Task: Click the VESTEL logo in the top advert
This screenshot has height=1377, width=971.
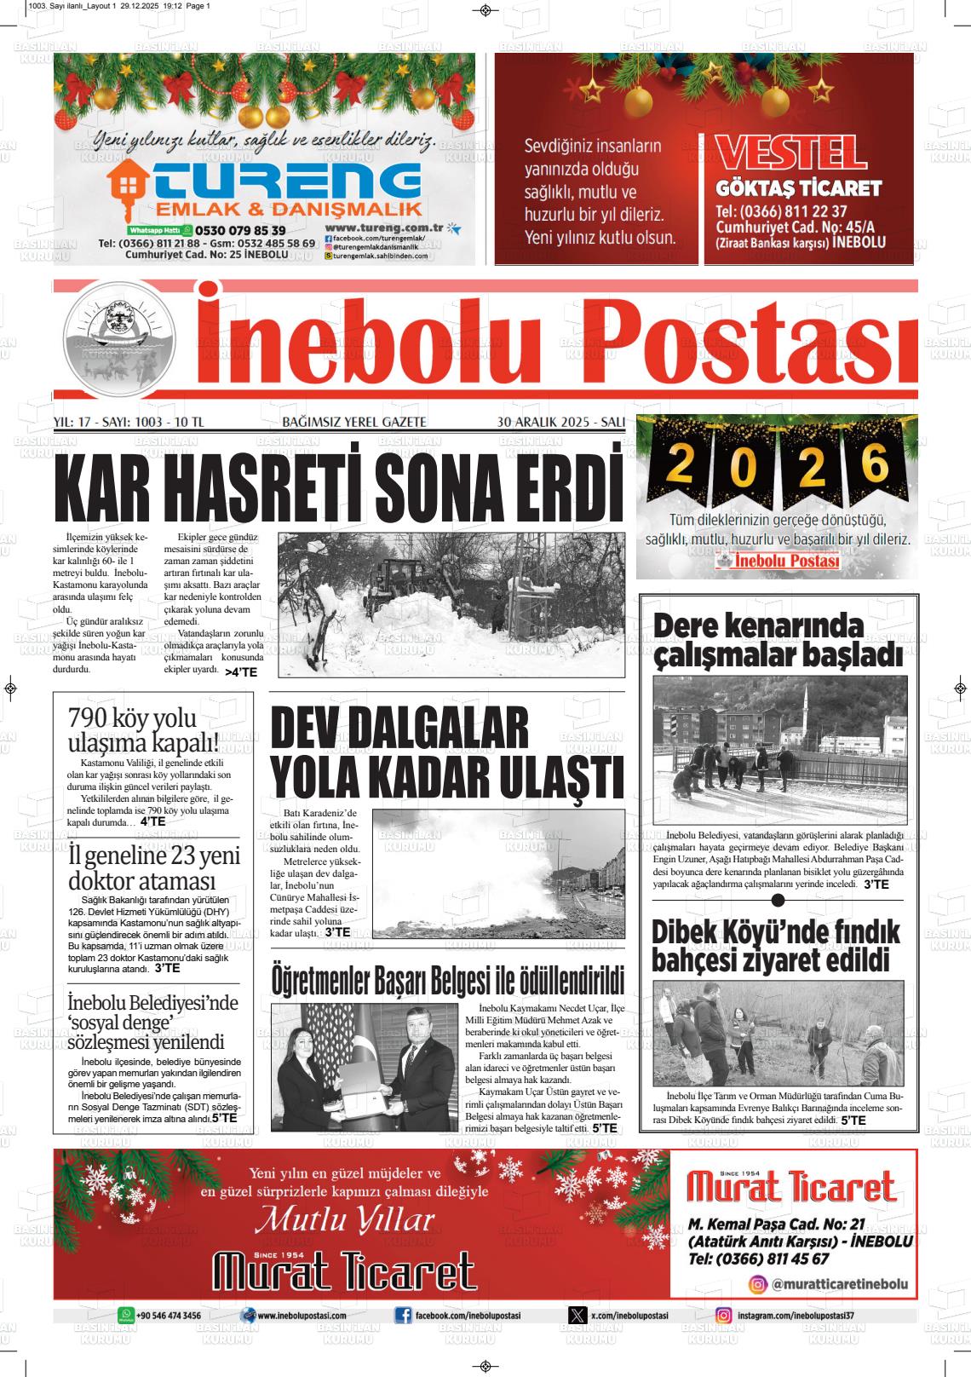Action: point(791,153)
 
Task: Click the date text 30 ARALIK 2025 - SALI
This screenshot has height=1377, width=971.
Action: point(560,422)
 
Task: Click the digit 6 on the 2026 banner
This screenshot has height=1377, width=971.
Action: point(874,464)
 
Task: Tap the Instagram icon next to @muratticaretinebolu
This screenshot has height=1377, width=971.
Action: point(757,1284)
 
